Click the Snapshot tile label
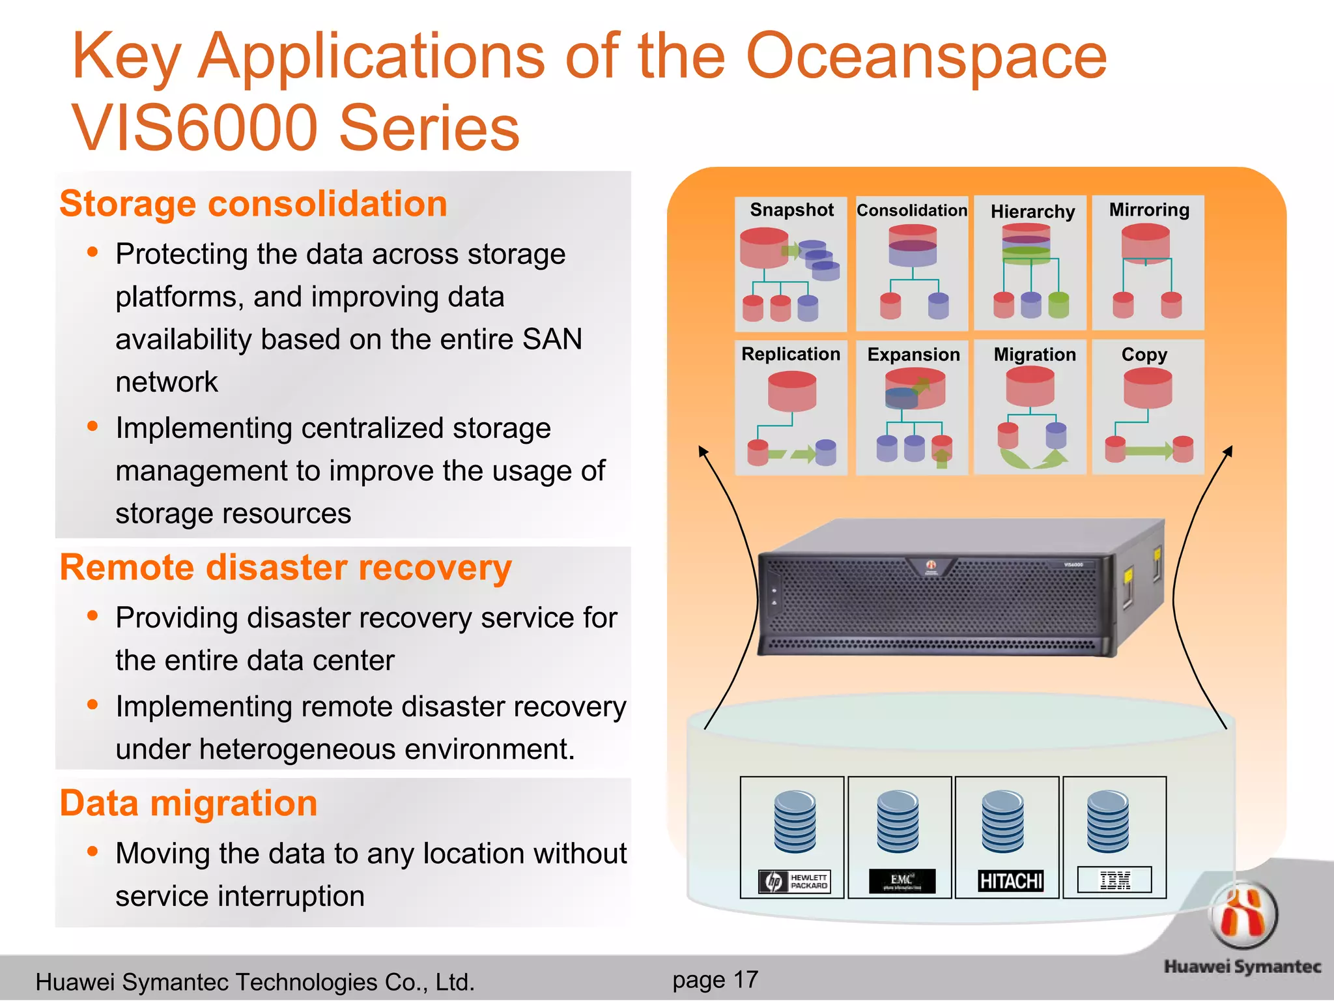point(791,210)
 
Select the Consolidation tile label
point(911,210)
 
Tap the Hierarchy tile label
point(1032,212)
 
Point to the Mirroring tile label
point(1149,210)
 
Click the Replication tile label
point(791,354)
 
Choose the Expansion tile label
point(913,355)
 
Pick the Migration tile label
point(1034,355)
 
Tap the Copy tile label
point(1144,355)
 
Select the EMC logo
point(902,881)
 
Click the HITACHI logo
point(1011,881)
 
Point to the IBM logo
point(1114,880)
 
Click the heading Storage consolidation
point(253,204)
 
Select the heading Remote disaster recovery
point(285,568)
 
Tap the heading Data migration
point(188,803)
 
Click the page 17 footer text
point(715,979)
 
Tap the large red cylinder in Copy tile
point(1148,388)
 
